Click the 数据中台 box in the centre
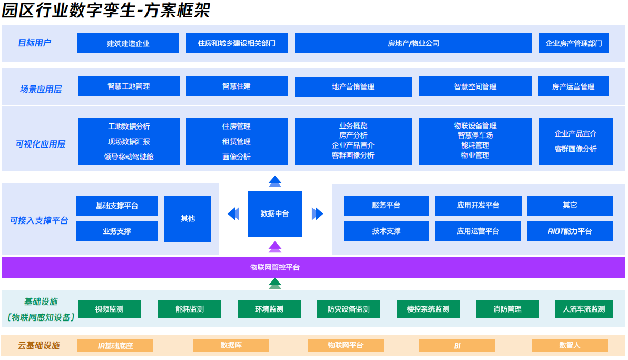(274, 213)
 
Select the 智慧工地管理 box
(129, 86)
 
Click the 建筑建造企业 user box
(128, 43)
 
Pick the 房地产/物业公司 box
(413, 43)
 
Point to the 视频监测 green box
(109, 309)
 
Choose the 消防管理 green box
(507, 309)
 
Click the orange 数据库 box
(231, 345)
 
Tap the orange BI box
(457, 346)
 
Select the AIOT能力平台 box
(570, 231)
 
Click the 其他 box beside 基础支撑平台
(188, 218)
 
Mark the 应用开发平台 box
(478, 205)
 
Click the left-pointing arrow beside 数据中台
(233, 213)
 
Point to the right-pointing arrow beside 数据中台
(317, 213)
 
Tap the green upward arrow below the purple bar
(274, 284)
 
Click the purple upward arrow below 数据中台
(274, 246)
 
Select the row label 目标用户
(35, 43)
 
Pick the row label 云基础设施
(38, 345)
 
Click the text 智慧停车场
(475, 135)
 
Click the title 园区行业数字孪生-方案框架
(106, 11)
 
